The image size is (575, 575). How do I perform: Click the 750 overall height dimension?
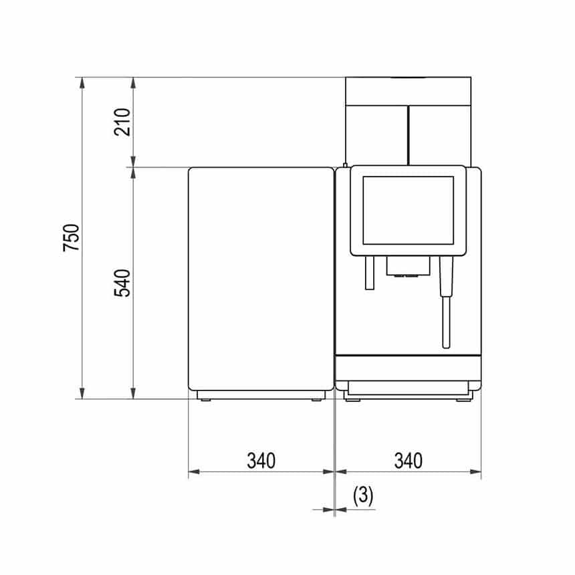click(72, 237)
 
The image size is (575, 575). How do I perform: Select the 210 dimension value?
click(122, 122)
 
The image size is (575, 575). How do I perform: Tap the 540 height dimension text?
click(122, 283)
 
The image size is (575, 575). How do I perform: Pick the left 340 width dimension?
click(261, 461)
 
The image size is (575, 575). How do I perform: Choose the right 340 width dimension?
click(408, 461)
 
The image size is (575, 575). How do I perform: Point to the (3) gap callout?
click(363, 496)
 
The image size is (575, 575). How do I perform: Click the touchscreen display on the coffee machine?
click(408, 210)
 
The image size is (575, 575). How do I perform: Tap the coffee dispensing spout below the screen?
click(408, 266)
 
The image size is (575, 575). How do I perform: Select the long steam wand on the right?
click(446, 302)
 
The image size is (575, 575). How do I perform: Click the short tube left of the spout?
click(369, 273)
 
